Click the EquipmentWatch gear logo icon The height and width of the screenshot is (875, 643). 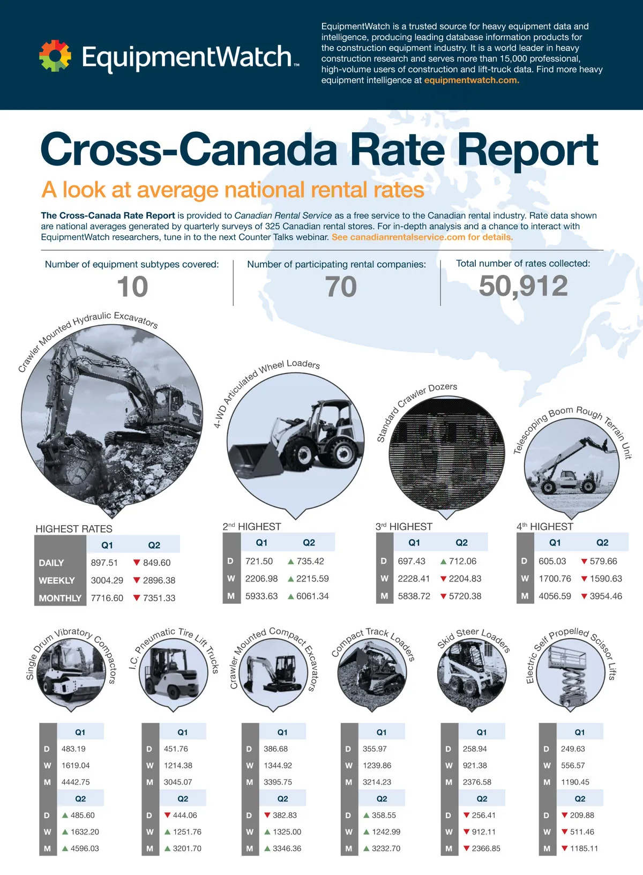point(55,56)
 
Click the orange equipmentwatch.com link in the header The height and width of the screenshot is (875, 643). point(472,80)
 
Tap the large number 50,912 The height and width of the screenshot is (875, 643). point(523,286)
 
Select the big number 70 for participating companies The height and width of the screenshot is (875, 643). point(341,287)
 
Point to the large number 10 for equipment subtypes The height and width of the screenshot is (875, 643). point(132,287)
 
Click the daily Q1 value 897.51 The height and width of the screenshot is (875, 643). point(104,563)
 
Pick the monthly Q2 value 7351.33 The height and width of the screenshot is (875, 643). point(159,598)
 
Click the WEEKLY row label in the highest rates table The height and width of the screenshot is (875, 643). point(57,580)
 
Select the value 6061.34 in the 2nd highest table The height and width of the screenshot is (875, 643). point(312,596)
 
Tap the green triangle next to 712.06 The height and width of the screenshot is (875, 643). point(444,562)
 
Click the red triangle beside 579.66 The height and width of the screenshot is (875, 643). point(584,562)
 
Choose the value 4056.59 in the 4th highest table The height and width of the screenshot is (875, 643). point(555,596)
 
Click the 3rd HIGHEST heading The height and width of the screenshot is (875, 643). point(404,527)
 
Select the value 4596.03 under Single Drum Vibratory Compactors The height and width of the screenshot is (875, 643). point(85,848)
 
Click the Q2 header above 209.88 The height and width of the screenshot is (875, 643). point(580,798)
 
